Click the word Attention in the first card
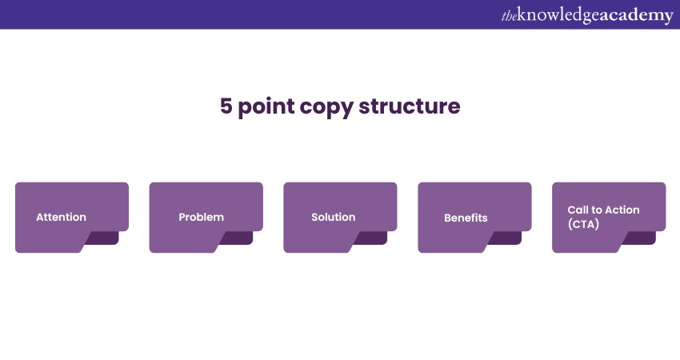pos(61,217)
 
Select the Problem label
pos(202,217)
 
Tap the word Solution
pos(334,217)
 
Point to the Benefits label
pos(466,218)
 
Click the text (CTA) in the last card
pos(583,224)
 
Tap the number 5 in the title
pos(226,106)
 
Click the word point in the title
pos(266,107)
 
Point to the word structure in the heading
pos(410,106)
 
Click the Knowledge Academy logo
pos(587,15)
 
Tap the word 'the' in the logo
pos(509,16)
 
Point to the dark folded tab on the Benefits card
pos(506,238)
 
